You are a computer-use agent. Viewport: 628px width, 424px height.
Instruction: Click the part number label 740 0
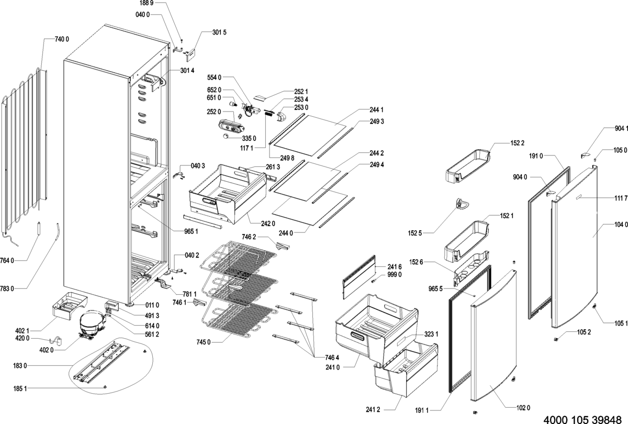(62, 39)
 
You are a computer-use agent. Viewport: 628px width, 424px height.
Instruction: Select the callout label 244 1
(376, 109)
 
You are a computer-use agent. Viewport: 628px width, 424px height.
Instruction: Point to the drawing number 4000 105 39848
(582, 419)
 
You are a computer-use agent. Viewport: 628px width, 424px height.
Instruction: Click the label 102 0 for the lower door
(523, 408)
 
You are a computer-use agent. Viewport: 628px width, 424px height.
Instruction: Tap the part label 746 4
(332, 358)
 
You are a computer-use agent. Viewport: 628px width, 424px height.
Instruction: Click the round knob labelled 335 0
(226, 137)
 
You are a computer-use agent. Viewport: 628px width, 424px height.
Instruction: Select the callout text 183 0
(20, 366)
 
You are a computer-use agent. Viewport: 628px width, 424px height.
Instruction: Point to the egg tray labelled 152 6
(472, 267)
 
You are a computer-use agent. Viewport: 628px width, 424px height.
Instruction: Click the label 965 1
(191, 232)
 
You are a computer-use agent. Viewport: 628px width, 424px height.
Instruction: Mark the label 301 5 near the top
(219, 32)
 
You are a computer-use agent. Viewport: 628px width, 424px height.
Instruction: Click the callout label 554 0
(214, 77)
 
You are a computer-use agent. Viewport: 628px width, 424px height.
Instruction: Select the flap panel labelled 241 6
(359, 276)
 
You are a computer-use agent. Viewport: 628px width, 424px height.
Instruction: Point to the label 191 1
(422, 410)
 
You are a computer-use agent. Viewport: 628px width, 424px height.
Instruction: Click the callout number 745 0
(203, 342)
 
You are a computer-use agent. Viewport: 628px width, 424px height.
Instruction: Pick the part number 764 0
(7, 261)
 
